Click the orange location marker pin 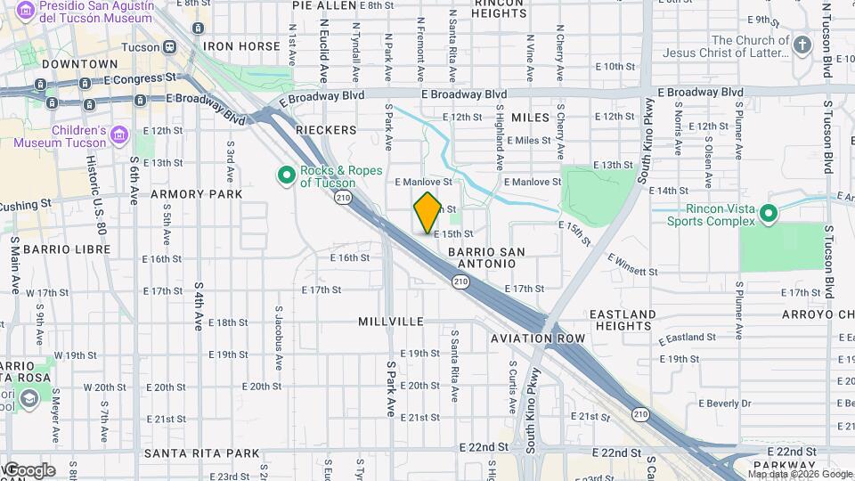click(x=427, y=213)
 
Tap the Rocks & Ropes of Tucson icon click(x=287, y=175)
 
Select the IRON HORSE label click(x=240, y=46)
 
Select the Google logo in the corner click(x=28, y=469)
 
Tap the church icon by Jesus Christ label click(x=802, y=45)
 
